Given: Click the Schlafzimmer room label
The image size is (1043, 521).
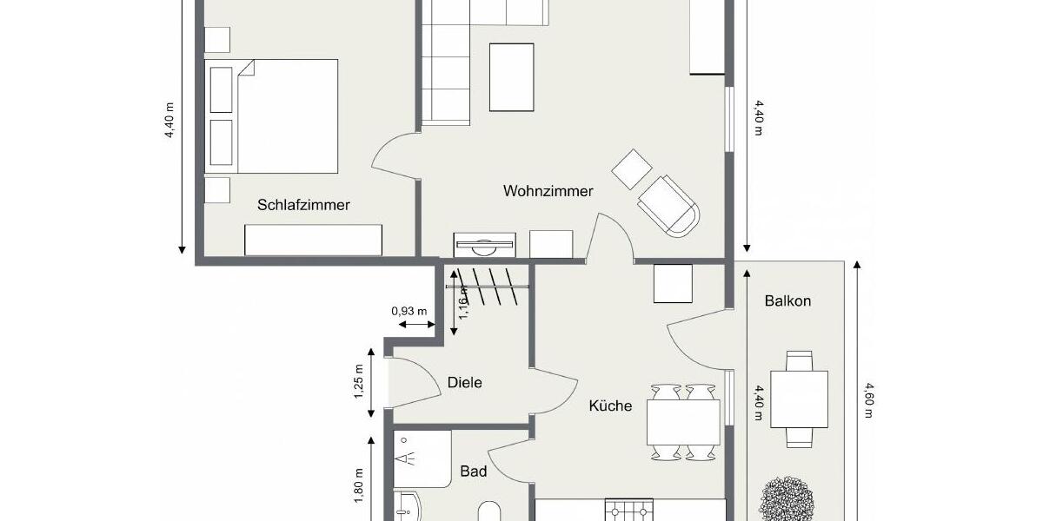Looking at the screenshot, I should (303, 205).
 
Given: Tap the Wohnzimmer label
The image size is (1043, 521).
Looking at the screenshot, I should (548, 190).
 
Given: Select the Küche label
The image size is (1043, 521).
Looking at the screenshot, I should (610, 406).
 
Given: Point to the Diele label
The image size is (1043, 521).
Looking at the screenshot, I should (464, 382).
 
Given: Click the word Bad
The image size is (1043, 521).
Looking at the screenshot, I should (473, 472).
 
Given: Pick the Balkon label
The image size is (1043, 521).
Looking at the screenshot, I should (787, 301).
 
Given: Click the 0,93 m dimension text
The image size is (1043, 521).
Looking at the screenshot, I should (409, 311).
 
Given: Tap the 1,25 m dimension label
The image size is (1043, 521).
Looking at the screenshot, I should (358, 382).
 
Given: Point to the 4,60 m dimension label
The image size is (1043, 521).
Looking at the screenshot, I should (867, 401).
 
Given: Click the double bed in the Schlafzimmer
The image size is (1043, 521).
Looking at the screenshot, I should (272, 115).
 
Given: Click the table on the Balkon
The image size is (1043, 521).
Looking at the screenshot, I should (799, 399).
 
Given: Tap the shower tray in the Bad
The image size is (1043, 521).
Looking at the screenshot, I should (422, 458).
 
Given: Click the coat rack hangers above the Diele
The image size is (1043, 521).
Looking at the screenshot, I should (488, 286).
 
